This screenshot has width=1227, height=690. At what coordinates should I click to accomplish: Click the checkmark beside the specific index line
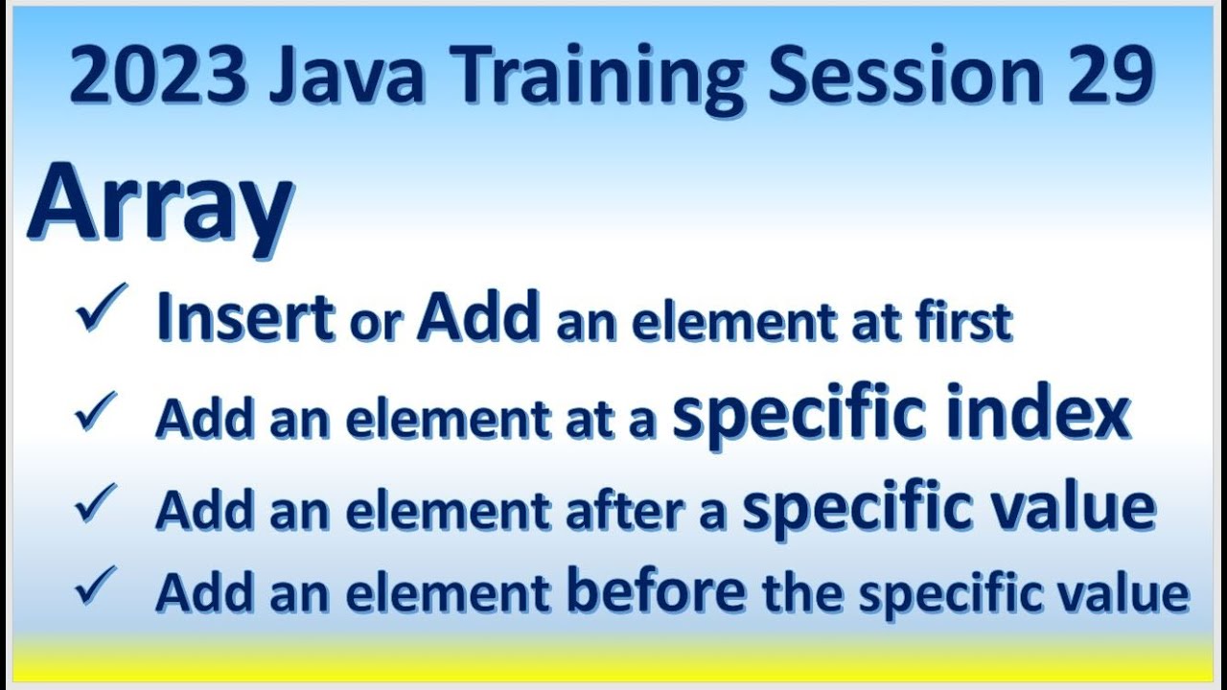click(x=97, y=411)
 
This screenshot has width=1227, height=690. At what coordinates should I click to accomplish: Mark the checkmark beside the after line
click(x=97, y=504)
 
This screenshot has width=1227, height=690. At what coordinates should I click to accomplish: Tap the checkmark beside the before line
click(x=97, y=586)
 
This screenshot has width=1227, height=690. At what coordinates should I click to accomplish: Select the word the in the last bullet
click(x=803, y=593)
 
